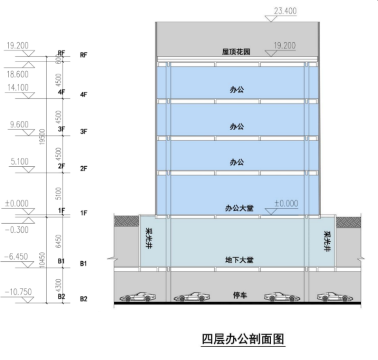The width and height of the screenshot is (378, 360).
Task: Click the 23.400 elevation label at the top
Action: (285, 11)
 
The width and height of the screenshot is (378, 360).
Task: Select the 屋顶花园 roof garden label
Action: (236, 52)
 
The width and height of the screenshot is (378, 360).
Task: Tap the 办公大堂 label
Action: (239, 208)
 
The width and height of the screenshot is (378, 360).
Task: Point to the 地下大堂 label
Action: (239, 260)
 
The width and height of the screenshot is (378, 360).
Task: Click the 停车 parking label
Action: (240, 295)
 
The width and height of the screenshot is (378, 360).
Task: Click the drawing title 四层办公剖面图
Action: (243, 339)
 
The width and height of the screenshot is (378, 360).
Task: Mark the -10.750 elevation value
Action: (18, 292)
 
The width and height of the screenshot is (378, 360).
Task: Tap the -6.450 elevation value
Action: (16, 256)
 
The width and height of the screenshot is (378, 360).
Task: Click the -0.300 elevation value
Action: (17, 230)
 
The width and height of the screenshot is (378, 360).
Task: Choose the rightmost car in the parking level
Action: (335, 297)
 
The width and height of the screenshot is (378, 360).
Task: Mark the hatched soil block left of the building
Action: (126, 221)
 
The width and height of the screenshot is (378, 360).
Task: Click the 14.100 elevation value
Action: (17, 87)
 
